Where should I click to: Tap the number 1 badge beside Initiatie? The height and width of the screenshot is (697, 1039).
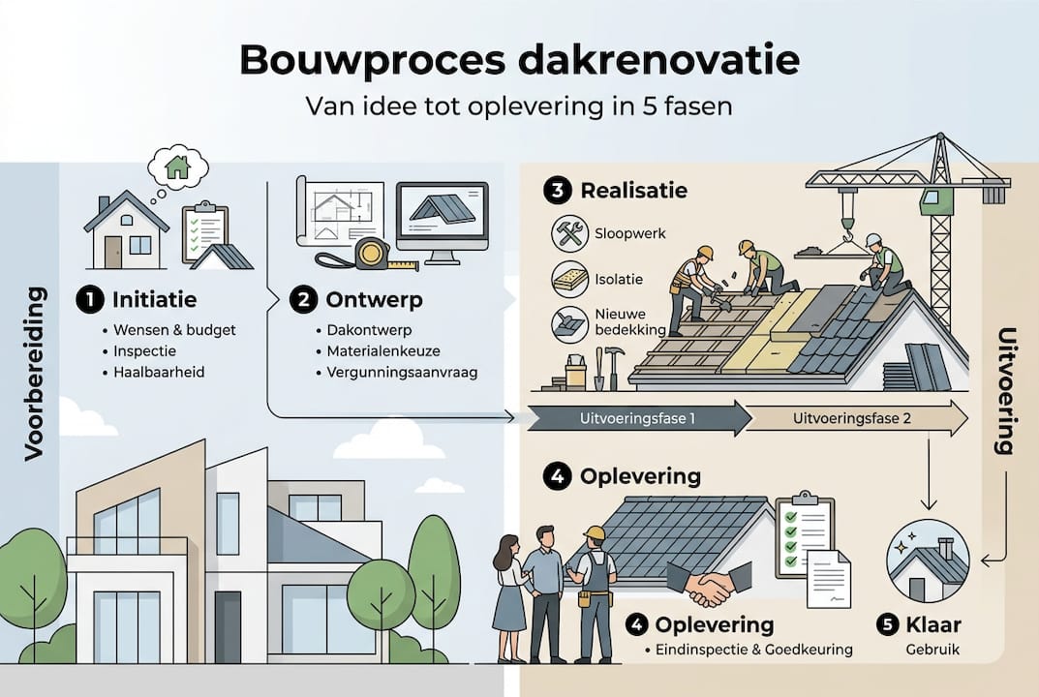click(89, 300)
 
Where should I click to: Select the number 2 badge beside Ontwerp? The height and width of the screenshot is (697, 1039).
click(303, 300)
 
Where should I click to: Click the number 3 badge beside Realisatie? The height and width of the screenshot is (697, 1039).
click(557, 190)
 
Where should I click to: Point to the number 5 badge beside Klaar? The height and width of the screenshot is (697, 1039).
click(888, 625)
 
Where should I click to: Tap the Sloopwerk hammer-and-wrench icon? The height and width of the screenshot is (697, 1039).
click(568, 233)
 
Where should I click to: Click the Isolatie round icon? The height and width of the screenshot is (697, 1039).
click(568, 279)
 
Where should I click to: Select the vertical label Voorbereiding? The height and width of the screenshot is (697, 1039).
click(35, 372)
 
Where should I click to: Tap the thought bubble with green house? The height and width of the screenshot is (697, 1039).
click(178, 167)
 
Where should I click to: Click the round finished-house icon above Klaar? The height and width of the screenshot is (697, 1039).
click(927, 561)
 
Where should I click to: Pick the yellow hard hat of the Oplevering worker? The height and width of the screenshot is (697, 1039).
click(595, 533)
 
